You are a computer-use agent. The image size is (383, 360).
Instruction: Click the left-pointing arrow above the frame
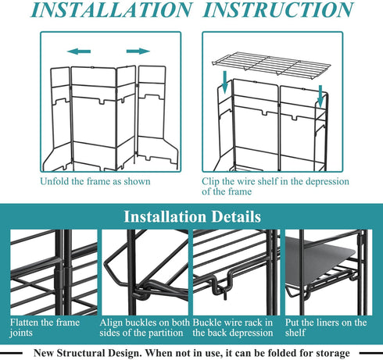coord(79,52)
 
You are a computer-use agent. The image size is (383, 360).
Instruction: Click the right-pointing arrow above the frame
coord(138,51)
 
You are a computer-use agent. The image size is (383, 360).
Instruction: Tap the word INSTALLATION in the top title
coord(112,10)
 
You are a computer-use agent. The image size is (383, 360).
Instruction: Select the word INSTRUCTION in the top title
coord(277,10)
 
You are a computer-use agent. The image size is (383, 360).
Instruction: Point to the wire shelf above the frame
coord(271,63)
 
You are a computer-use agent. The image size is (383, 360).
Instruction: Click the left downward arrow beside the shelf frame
coord(225,82)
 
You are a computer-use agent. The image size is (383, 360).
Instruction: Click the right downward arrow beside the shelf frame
coord(320,96)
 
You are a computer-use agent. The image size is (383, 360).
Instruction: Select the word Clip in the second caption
coord(210,182)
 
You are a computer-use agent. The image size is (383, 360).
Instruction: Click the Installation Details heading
coord(192,216)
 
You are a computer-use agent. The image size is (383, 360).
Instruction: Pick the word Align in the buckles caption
coord(111,323)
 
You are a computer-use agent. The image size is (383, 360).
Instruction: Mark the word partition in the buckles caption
coord(166,333)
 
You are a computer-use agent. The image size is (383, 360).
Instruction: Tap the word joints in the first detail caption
coord(21,333)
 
